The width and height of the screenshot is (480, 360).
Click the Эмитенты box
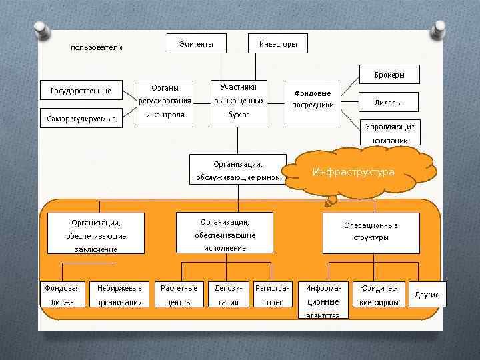coord(196,44)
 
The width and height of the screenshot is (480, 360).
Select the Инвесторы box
coord(277,44)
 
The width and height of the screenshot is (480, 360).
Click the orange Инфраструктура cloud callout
coord(353,172)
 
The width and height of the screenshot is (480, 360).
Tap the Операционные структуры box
coord(371,232)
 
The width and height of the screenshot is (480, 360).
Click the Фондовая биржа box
coord(62,295)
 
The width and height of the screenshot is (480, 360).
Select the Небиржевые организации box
coord(119,295)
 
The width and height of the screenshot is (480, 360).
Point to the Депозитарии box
coord(228,295)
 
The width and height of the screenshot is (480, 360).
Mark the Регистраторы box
coord(273,295)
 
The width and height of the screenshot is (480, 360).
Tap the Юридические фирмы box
coord(378,295)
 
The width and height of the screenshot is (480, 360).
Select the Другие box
coord(427,295)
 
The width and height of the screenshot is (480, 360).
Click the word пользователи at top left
coord(97,48)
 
